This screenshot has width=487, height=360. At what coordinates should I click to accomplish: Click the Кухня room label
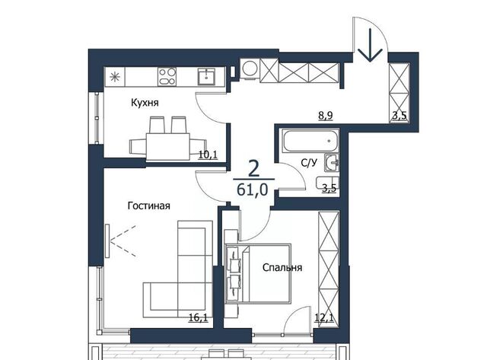145,103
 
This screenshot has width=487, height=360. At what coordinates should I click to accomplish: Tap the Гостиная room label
149,205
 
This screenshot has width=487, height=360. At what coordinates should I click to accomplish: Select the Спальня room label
282,267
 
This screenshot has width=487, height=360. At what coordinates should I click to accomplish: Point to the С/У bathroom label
309,162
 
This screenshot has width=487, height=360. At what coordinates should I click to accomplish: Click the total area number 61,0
252,190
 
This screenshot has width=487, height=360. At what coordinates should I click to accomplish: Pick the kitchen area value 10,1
208,155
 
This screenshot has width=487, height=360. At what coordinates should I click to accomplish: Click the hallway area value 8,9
325,116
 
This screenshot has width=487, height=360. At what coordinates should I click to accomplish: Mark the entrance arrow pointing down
370,45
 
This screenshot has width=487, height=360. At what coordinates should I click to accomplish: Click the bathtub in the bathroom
310,141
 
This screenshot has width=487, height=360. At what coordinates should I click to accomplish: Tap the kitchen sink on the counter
206,76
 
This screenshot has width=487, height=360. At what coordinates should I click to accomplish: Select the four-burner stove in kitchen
167,77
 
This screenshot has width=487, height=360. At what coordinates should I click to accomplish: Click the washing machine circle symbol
250,68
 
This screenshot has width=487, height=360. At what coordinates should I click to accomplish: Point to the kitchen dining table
167,146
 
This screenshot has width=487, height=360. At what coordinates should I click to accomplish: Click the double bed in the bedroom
258,273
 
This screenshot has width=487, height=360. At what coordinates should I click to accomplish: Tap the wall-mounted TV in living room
107,241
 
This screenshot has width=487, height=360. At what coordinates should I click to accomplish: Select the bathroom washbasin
332,163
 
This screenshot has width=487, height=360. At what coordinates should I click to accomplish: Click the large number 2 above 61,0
253,169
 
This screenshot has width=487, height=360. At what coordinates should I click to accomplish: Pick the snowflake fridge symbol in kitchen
115,77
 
